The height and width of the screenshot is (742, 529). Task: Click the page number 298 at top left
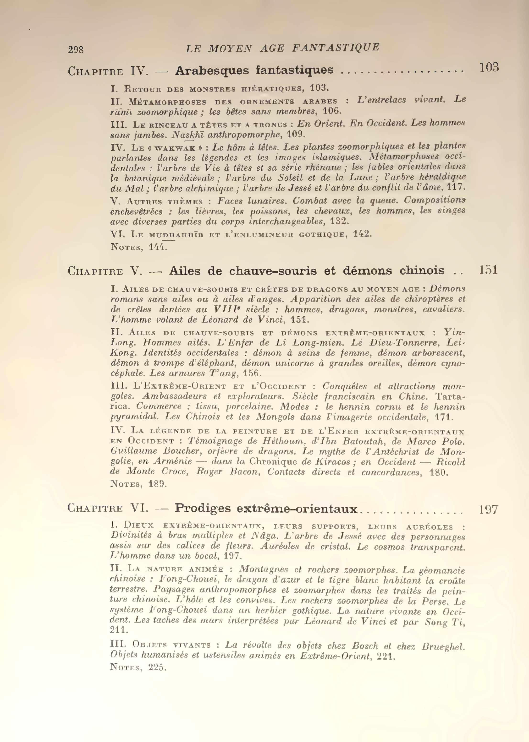tap(76, 49)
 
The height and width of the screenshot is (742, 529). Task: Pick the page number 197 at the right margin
tap(488, 509)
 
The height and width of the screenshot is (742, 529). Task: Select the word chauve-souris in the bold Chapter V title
tap(273, 271)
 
